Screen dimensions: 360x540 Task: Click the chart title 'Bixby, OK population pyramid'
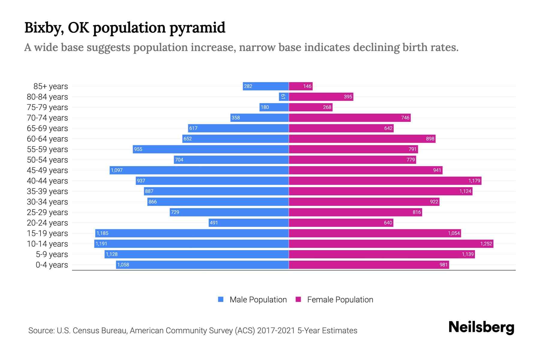click(x=124, y=28)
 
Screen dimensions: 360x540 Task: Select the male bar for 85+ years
click(x=265, y=86)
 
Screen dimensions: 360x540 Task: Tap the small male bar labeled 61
click(x=283, y=97)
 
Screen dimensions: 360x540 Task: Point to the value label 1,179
click(x=474, y=181)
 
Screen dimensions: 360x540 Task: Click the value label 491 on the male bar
click(x=214, y=223)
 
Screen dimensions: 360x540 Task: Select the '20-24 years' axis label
click(x=47, y=223)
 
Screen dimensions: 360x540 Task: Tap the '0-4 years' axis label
click(x=52, y=265)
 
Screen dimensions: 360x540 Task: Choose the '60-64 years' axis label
click(x=47, y=139)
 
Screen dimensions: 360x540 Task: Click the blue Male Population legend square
click(x=221, y=299)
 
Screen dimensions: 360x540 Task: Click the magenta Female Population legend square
click(x=298, y=299)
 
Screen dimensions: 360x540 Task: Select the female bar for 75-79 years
click(x=310, y=107)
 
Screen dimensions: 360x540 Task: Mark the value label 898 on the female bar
click(x=430, y=139)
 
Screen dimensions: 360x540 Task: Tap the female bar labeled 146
click(x=301, y=86)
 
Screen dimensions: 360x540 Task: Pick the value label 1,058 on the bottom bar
click(x=123, y=265)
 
